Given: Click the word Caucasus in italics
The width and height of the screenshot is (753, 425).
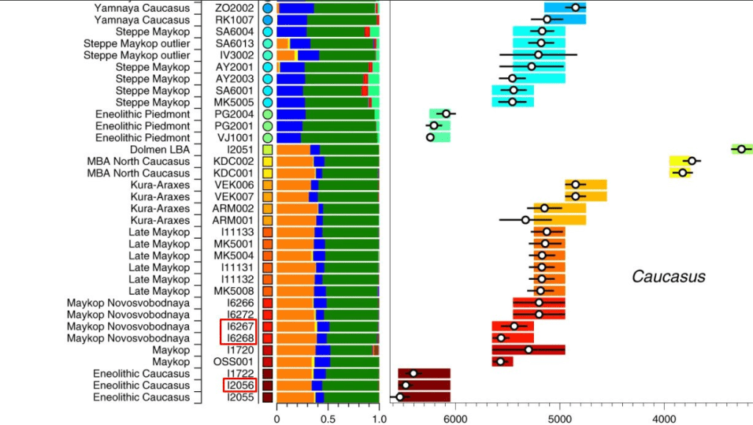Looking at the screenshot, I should [668, 277].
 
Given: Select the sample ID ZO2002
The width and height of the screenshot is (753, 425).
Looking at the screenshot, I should [235, 8].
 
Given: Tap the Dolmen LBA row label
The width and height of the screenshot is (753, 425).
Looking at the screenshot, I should [161, 150].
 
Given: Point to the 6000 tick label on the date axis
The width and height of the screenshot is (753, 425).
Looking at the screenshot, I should [455, 417].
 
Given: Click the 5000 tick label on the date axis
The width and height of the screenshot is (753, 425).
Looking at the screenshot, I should [560, 417].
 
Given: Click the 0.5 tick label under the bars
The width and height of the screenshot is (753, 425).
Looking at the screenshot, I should [327, 417].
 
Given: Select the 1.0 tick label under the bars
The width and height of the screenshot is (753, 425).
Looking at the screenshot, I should [378, 417].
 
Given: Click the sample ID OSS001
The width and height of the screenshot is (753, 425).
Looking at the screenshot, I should [235, 362].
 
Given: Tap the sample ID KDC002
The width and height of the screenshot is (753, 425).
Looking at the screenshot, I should [235, 161].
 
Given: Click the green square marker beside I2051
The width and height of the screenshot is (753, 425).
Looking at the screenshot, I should [268, 150].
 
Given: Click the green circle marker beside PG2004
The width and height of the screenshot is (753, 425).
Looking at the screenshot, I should [268, 114].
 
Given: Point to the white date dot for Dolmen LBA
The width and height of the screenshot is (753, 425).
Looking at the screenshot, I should [741, 149].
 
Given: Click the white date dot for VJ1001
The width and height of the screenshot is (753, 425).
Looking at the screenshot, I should [430, 137].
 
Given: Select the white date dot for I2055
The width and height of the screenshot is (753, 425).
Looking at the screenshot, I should [399, 397].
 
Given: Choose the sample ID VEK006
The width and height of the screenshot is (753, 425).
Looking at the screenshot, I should [235, 185].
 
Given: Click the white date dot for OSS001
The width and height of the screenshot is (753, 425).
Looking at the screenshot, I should [501, 362].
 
